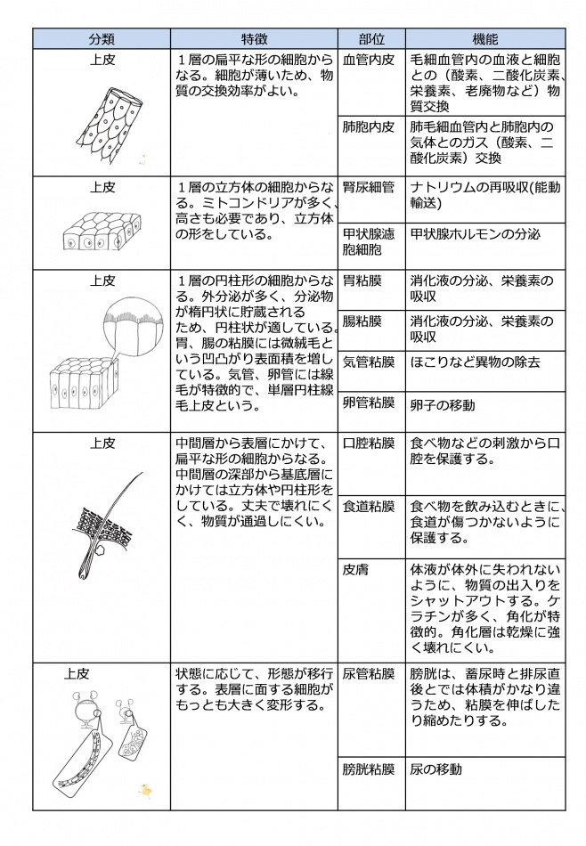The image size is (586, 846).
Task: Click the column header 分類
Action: tap(101, 39)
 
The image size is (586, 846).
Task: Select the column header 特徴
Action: tap(254, 39)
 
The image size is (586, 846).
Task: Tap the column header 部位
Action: tap(370, 39)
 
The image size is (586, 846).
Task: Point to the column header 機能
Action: tap(484, 39)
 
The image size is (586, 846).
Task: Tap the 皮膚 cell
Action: tap(356, 570)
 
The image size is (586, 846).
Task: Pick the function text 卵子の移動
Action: tap(443, 405)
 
